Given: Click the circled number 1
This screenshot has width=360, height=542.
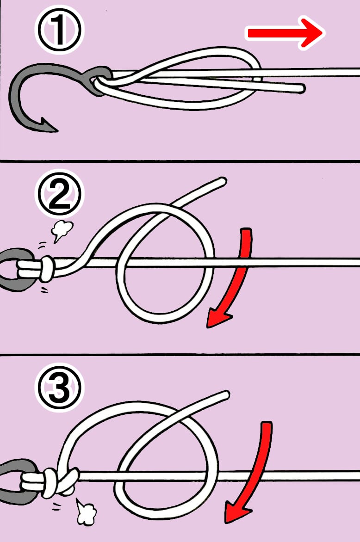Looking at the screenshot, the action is point(60,30).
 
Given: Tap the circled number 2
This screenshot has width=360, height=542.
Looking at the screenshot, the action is point(60,194).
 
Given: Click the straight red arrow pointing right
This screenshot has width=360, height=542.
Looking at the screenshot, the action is point(285,33).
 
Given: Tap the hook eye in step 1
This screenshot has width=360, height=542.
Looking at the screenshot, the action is point(99,80).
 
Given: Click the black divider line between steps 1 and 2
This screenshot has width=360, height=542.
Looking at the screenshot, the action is point(180,161).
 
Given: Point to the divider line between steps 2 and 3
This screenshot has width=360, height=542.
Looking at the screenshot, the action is point(180,354).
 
